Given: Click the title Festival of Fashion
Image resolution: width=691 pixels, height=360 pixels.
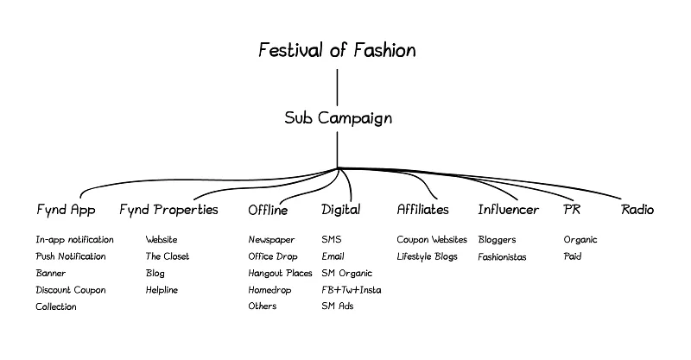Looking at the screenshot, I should [337, 50].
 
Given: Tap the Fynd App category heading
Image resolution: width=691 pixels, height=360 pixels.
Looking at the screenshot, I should [66, 210].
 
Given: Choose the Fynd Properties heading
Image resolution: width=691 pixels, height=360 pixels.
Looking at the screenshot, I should [168, 210].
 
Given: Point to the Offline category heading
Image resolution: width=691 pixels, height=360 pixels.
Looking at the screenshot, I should [268, 210].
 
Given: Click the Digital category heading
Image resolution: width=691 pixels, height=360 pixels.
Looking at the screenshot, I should [341, 210].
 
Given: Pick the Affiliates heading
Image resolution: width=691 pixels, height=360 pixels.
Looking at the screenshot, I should [422, 210].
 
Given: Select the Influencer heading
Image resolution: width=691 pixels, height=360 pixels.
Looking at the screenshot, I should [508, 210].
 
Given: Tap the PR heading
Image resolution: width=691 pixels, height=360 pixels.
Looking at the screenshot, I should [572, 210].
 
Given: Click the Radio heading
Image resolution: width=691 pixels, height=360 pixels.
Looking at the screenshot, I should [637, 210].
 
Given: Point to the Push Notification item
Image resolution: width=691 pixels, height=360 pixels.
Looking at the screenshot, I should [71, 256].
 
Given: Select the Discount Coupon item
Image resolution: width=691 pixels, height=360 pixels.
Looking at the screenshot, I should [71, 290].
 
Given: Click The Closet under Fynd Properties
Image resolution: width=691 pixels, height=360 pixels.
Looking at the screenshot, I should [168, 256].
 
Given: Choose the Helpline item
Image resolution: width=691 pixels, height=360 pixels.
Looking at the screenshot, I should [162, 290].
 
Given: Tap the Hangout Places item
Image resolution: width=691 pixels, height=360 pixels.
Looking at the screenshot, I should [280, 273].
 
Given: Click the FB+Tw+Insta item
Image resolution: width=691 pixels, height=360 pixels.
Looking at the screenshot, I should [351, 290].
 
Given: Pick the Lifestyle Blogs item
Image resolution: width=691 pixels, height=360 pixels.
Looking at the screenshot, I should [428, 256].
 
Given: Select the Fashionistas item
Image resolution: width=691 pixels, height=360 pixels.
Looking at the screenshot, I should [502, 256].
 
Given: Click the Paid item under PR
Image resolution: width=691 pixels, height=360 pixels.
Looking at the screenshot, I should [573, 256].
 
